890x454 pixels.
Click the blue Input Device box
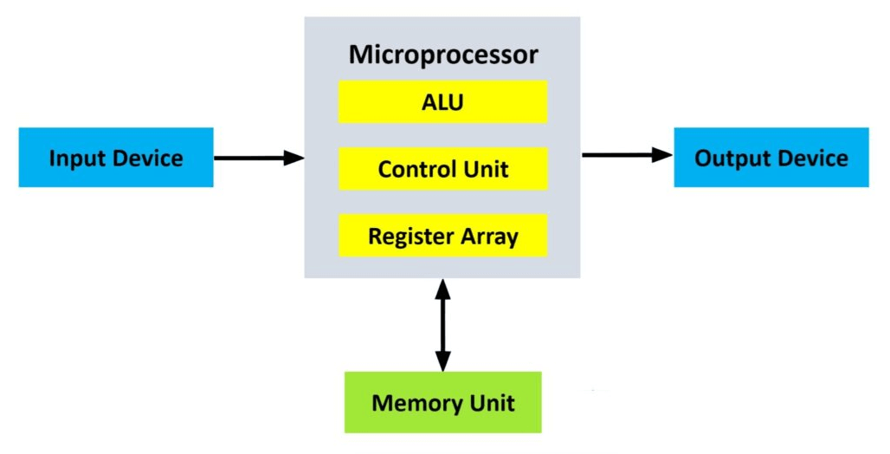coord(116,158)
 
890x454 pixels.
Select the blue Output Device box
coord(771,158)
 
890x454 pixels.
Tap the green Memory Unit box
coord(442,402)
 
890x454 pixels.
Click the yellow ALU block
coord(442,102)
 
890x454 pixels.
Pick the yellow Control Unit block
coord(442,169)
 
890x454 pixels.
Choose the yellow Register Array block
coord(442,236)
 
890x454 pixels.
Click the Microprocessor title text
coord(442,55)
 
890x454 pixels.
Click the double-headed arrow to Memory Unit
coord(442,325)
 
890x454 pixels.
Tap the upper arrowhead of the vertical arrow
coord(442,289)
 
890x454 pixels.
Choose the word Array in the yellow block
coord(491,237)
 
